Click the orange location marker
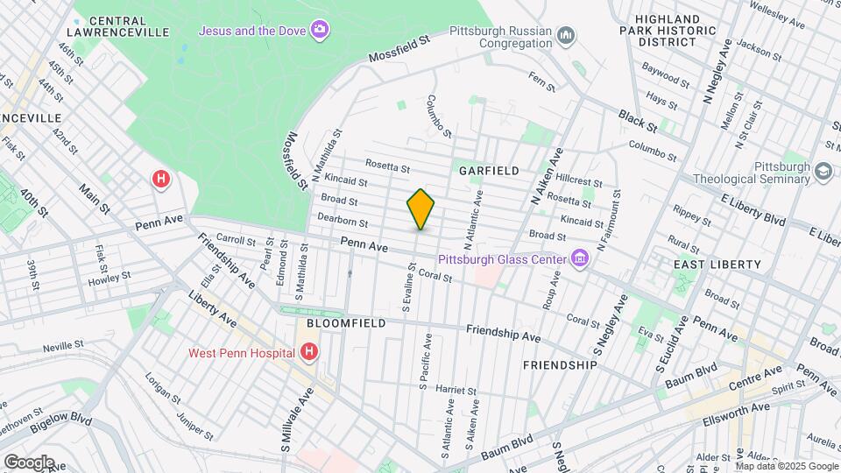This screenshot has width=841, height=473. click(420, 209)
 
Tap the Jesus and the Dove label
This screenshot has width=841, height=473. click(251, 31)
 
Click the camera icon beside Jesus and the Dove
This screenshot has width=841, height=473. click(321, 31)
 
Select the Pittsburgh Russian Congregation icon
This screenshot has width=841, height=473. click(567, 35)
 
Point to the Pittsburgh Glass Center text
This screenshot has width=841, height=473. click(499, 259)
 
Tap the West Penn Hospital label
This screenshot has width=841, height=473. click(241, 354)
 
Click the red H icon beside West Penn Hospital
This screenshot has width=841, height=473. click(308, 353)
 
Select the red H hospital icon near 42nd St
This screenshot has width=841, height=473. click(160, 180)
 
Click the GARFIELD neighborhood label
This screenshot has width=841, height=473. click(489, 171)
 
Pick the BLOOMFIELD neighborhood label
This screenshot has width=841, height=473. click(346, 323)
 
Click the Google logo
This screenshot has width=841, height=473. click(29, 462)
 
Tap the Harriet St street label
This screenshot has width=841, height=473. click(454, 390)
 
